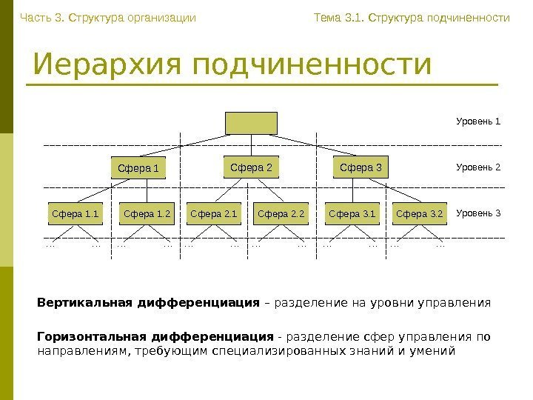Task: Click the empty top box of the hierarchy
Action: click(251, 123)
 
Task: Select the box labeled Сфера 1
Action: click(138, 169)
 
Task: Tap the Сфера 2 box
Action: click(251, 167)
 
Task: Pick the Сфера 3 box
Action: click(361, 167)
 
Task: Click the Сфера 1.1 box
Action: click(75, 216)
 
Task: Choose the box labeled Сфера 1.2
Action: click(147, 216)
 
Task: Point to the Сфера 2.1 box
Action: click(214, 216)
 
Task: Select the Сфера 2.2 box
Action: click(281, 216)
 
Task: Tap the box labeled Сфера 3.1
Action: click(352, 216)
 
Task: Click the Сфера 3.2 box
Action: click(420, 216)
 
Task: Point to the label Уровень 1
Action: click(478, 121)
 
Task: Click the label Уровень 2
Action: click(478, 167)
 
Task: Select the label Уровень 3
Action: click(478, 214)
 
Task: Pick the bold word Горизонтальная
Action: click(87, 337)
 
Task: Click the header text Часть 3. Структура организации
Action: click(108, 17)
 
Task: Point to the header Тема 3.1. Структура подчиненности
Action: click(412, 17)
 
